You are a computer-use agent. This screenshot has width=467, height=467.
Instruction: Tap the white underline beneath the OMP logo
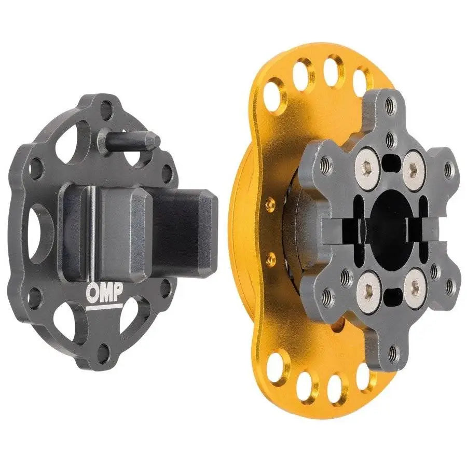point(104,306)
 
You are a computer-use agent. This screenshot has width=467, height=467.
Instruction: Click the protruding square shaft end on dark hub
point(195,231)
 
